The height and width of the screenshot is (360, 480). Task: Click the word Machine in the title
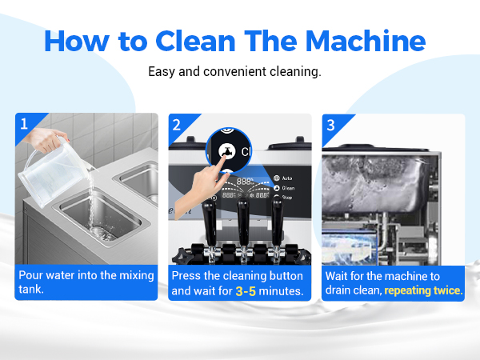pyautogui.click(x=366, y=41)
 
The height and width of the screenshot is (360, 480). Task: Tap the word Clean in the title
pyautogui.click(x=196, y=41)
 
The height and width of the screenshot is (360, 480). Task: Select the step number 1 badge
pyautogui.click(x=24, y=124)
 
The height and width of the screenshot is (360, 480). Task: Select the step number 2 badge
pyautogui.click(x=177, y=125)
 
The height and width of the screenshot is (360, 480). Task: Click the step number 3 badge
pyautogui.click(x=330, y=125)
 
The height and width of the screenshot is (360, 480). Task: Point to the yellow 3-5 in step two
pyautogui.click(x=246, y=291)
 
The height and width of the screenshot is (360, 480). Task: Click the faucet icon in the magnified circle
pyautogui.click(x=227, y=151)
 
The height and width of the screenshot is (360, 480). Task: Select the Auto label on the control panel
pyautogui.click(x=287, y=178)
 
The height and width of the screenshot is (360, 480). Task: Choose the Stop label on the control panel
pyautogui.click(x=287, y=198)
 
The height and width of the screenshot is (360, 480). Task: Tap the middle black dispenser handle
pyautogui.click(x=243, y=221)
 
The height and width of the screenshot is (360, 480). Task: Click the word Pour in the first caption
pyautogui.click(x=30, y=275)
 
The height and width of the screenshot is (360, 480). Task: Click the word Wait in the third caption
pyautogui.click(x=337, y=276)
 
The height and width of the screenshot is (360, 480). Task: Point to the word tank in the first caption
pyautogui.click(x=31, y=290)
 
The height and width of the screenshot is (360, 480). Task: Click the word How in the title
pyautogui.click(x=77, y=41)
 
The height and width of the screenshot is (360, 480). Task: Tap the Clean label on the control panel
pyautogui.click(x=288, y=188)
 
